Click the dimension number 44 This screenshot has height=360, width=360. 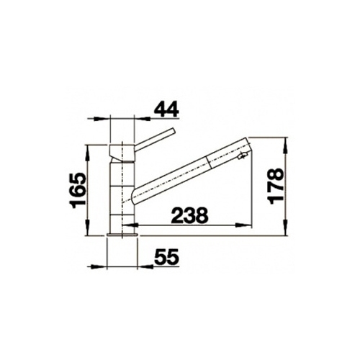[166, 109]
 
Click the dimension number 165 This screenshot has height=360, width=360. [77, 190]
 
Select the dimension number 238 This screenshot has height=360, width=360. [190, 215]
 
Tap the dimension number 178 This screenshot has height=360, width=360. [276, 186]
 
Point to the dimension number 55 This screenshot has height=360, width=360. [167, 257]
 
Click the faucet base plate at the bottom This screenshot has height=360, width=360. [122, 235]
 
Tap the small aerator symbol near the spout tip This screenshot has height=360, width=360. [243, 156]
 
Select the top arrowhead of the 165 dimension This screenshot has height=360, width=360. [88, 151]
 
